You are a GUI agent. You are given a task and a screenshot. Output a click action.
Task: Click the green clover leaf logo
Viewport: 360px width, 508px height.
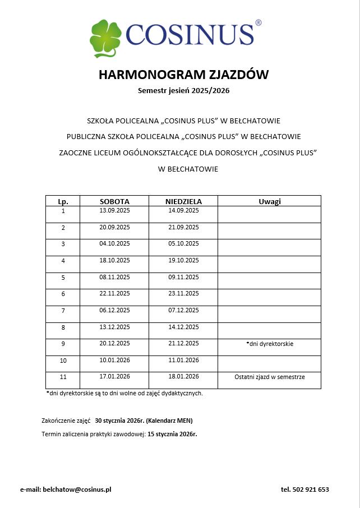(105, 38)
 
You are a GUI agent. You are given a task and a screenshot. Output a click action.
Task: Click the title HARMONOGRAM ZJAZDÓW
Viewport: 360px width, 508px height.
(183, 75)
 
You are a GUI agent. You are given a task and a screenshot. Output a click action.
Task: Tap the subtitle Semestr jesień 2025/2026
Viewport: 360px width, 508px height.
(183, 90)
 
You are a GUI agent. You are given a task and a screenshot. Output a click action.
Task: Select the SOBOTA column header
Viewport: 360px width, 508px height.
(114, 201)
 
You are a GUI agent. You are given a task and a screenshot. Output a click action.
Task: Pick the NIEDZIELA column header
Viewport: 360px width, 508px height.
(183, 201)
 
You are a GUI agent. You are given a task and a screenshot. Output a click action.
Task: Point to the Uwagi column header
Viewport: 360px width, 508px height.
(269, 201)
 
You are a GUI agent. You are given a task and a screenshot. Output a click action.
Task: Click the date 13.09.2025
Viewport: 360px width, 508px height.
(114, 211)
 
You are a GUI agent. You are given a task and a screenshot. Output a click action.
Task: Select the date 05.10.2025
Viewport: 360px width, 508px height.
(183, 243)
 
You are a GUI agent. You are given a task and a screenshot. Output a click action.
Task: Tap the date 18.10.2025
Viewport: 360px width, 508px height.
(114, 260)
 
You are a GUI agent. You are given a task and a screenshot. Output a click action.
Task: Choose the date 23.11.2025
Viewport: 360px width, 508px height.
(183, 293)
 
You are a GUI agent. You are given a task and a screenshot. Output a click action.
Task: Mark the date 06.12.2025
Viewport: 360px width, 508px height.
(114, 310)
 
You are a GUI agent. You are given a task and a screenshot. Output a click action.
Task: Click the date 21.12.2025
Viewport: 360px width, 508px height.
(183, 343)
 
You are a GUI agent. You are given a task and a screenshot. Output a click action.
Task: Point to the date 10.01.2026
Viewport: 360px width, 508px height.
(114, 360)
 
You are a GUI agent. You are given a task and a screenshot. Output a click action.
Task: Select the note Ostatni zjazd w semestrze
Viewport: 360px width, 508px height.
(269, 377)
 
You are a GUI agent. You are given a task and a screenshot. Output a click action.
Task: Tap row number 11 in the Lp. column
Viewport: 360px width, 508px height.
(63, 377)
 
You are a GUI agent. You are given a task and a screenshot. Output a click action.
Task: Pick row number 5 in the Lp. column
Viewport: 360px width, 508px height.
(63, 277)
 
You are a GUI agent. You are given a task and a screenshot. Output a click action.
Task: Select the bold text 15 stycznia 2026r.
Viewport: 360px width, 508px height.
(172, 434)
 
